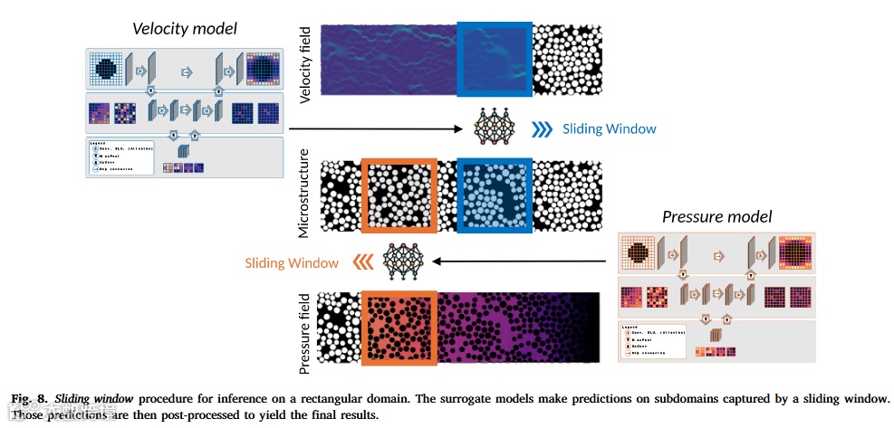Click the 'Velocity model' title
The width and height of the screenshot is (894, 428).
pos(185,29)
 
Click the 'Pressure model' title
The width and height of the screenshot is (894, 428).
pos(716,216)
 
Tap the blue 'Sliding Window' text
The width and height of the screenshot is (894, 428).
pos(609,128)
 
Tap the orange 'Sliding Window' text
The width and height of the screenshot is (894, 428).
pos(292,263)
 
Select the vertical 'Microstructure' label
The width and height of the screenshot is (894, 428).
pos(305,194)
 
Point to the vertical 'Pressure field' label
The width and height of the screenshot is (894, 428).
pos(305,332)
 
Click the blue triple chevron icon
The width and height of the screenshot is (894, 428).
pos(542,128)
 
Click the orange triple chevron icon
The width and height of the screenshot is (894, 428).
pos(361,262)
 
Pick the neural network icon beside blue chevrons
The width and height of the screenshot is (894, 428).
pos(494,128)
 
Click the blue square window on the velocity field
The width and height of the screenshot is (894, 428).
pos(495,59)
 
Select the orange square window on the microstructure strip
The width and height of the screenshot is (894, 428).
pos(399,195)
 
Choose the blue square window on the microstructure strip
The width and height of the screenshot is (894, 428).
pos(495,195)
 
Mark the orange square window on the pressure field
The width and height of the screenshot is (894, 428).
pos(399,328)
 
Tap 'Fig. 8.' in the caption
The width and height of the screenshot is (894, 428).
pos(28,398)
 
